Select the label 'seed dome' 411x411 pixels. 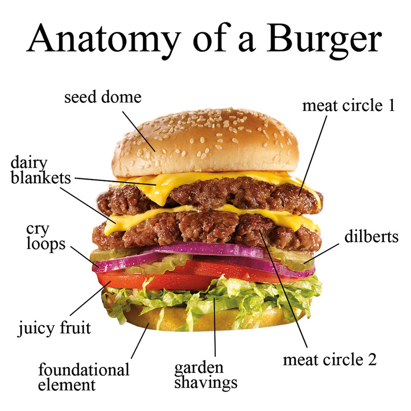103,97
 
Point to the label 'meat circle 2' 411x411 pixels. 330,360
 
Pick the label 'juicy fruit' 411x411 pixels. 55,328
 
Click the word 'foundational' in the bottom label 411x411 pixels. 84,369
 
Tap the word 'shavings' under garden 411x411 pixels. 205,382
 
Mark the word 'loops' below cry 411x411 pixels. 46,243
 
